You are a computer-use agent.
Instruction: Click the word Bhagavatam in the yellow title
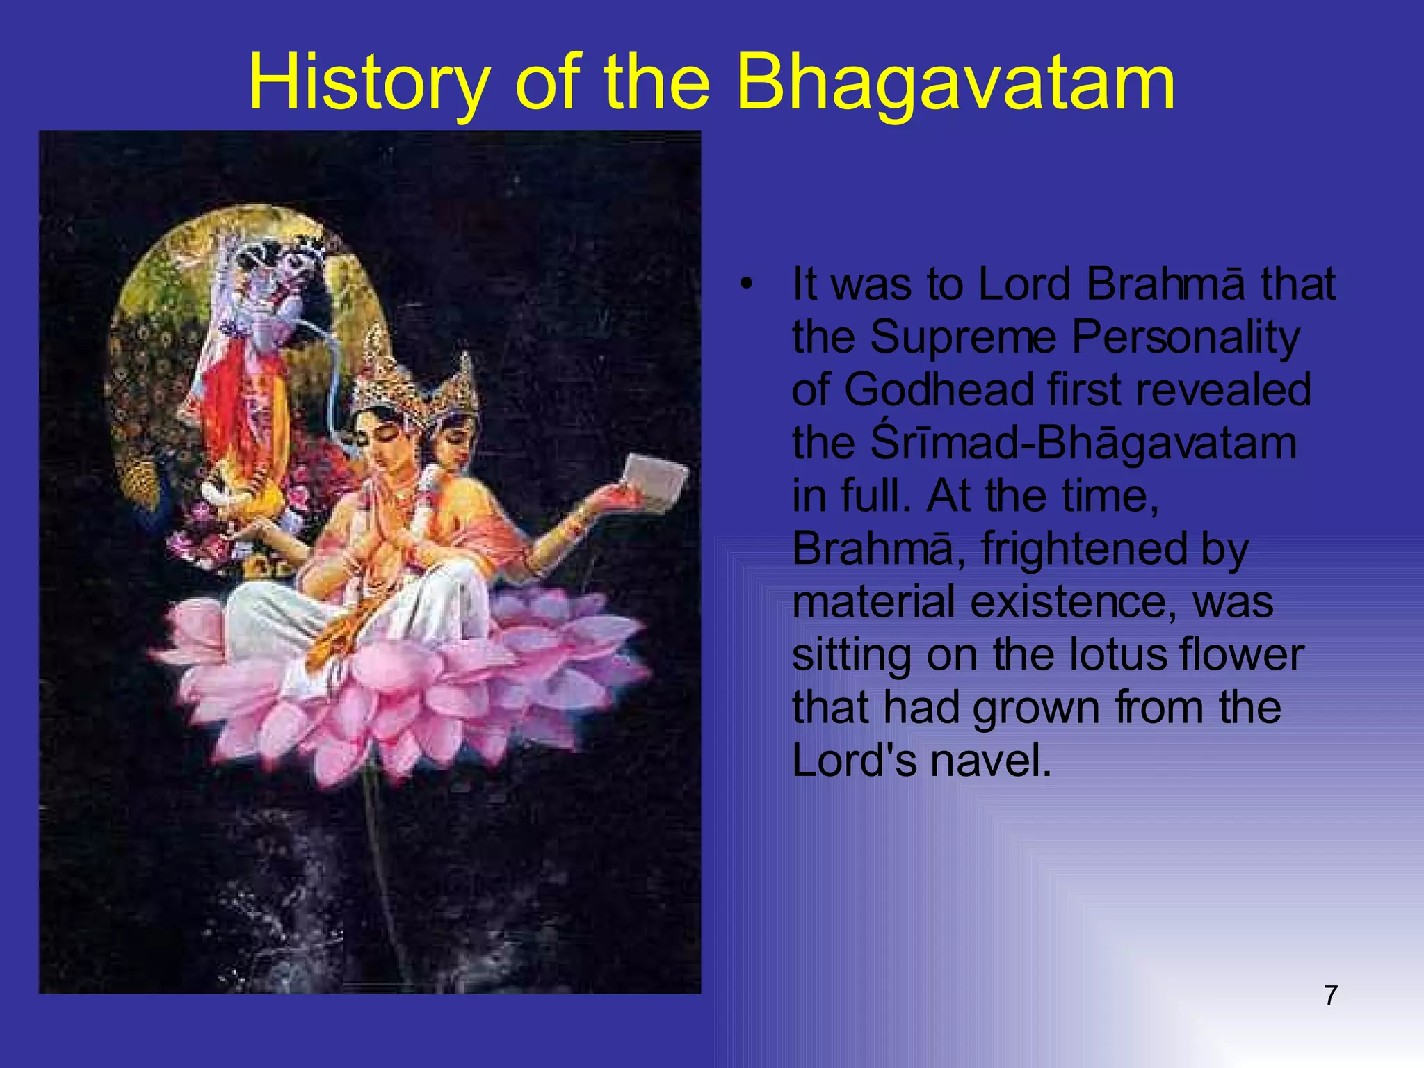coord(955,83)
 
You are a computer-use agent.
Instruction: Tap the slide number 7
coord(1331,996)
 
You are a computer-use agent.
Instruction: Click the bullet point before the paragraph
coord(747,285)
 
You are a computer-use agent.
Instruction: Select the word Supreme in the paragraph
coord(963,337)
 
